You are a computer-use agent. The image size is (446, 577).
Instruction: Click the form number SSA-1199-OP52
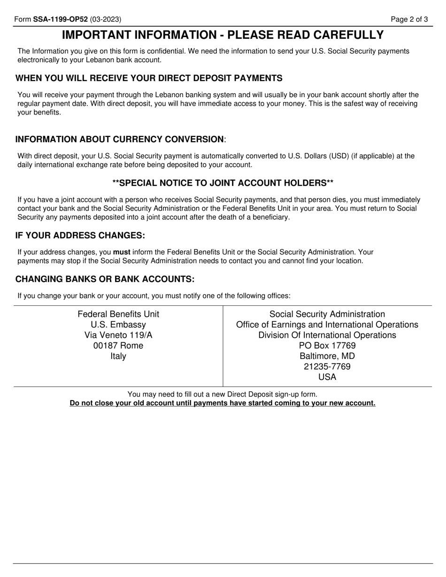60,19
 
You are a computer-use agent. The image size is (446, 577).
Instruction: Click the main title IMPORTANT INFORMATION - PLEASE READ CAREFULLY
223,35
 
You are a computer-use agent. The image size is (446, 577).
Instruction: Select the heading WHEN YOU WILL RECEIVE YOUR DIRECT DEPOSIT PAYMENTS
149,78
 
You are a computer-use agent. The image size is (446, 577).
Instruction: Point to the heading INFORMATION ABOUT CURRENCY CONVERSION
120,139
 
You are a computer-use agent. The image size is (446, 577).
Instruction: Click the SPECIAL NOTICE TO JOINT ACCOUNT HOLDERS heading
223,183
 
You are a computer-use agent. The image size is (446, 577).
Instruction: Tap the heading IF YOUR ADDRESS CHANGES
80,235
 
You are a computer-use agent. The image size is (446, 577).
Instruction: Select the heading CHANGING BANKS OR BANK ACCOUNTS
105,279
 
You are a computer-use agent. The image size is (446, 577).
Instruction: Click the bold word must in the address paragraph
122,252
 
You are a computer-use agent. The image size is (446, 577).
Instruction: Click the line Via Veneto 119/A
118,335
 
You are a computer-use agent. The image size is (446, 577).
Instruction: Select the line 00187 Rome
118,346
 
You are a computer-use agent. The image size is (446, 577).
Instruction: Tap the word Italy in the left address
118,356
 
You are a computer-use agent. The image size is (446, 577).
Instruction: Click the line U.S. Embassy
118,325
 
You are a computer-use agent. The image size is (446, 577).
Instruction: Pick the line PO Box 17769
327,346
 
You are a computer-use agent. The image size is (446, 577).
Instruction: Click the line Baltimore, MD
327,356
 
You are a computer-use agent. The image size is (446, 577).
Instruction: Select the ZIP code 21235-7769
327,366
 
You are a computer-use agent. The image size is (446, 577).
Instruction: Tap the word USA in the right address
327,377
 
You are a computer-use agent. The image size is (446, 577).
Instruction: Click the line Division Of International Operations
327,335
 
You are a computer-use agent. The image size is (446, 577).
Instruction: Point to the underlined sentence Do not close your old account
223,403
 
